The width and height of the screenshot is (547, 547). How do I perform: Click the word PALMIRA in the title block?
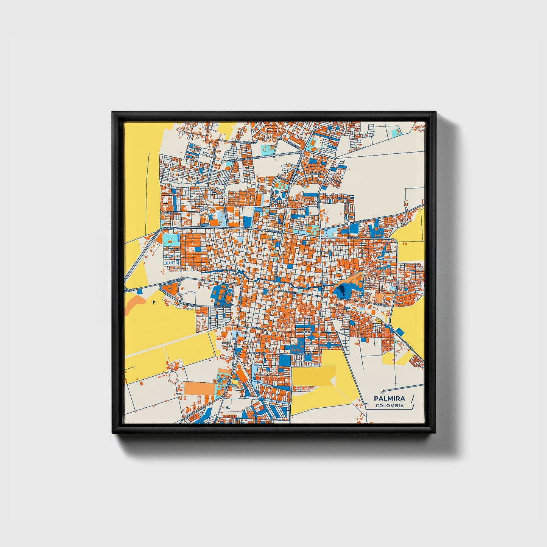click(x=389, y=398)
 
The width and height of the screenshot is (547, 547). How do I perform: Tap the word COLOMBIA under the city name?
click(x=390, y=406)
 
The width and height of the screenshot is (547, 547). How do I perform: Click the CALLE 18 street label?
click(x=307, y=354)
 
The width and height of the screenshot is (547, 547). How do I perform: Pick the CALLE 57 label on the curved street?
click(x=316, y=173)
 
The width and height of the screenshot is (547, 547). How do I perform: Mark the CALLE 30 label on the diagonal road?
click(x=408, y=345)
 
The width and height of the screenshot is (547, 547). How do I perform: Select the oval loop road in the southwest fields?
click(x=173, y=377)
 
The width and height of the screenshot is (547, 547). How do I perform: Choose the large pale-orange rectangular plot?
click(x=199, y=388)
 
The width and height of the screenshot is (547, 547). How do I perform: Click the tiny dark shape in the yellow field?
click(x=154, y=302)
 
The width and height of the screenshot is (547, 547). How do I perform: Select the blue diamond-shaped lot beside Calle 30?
click(x=400, y=332)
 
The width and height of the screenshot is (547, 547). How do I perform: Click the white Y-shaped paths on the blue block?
click(x=281, y=195)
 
